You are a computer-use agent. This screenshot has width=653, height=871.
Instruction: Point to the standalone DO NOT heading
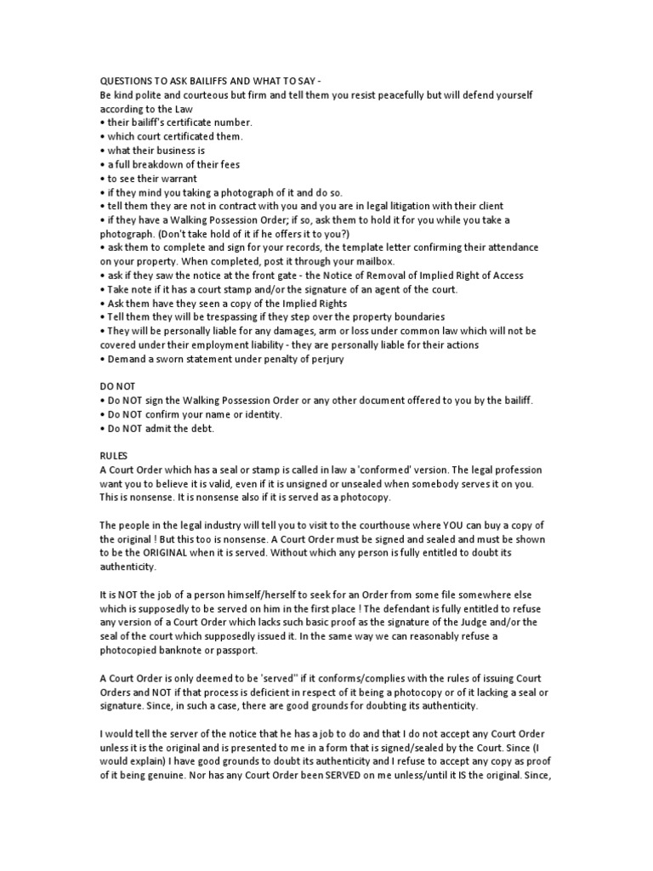click(x=117, y=386)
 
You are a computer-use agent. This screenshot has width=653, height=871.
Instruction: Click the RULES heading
click(x=115, y=456)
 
